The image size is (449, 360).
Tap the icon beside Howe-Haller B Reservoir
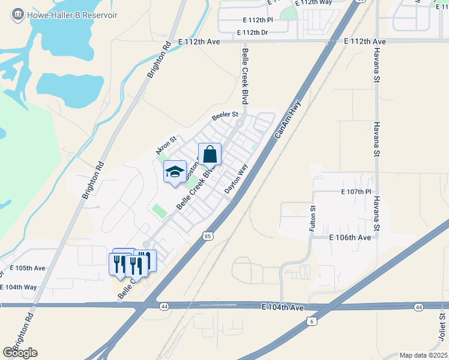pos(17,13)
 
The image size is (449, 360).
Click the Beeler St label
pos(225,115)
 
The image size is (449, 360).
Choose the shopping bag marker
pos(209,155)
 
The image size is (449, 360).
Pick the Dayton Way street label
pos(237,179)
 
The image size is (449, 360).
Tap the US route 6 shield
pos(310,322)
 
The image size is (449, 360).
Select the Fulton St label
pos(313,215)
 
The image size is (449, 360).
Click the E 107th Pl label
pos(348,192)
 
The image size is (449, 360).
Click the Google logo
pos(20,352)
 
